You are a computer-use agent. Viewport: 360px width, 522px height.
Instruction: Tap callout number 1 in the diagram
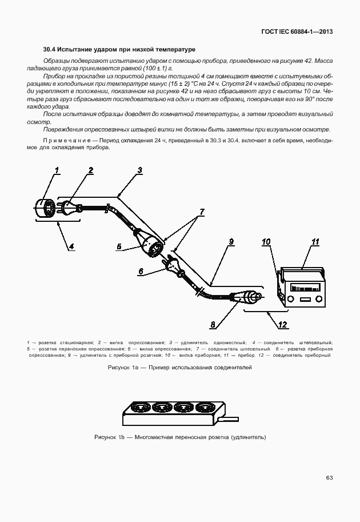click(57, 170)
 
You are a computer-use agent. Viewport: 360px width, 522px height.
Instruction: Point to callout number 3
click(140, 170)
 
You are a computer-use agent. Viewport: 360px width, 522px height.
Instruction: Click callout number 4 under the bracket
click(72, 247)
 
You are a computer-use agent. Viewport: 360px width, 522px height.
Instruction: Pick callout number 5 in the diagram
click(119, 247)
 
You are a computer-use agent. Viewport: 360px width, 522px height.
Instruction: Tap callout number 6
click(141, 272)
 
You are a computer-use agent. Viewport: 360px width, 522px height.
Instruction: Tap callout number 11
click(314, 242)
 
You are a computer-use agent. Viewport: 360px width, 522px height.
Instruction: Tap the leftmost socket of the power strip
click(139, 408)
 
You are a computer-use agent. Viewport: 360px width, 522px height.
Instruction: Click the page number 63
click(329, 477)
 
